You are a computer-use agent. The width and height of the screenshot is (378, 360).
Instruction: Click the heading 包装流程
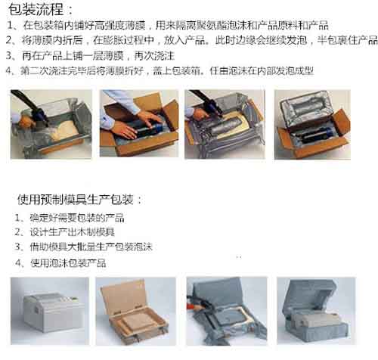tap(39, 11)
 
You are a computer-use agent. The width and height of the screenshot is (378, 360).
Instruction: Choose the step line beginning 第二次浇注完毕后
tap(167, 71)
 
